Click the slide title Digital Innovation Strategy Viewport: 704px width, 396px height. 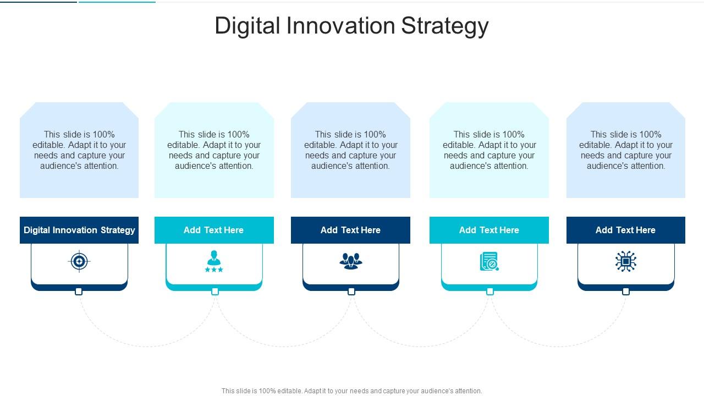click(x=351, y=26)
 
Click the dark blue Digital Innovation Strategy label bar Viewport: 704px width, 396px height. click(x=79, y=230)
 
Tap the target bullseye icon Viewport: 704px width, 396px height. click(x=79, y=261)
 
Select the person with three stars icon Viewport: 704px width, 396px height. click(x=214, y=261)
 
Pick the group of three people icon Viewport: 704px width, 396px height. click(x=350, y=261)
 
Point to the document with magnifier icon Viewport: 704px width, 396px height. click(x=489, y=262)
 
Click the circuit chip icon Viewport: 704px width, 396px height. click(x=625, y=261)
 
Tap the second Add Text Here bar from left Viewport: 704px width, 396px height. click(x=214, y=230)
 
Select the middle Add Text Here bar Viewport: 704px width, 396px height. click(x=350, y=230)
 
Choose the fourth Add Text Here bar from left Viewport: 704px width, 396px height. click(x=489, y=230)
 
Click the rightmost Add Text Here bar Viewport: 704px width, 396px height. click(x=625, y=230)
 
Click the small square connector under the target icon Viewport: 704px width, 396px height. click(x=79, y=291)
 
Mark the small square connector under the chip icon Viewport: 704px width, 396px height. click(x=625, y=291)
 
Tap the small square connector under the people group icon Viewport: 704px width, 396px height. click(x=351, y=291)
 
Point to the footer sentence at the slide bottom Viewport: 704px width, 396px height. click(x=351, y=391)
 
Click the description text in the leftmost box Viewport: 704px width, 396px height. click(x=79, y=150)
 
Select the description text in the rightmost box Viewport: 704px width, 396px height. click(x=625, y=150)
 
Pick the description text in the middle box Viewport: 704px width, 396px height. click(x=350, y=150)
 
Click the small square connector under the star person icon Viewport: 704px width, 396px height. click(x=215, y=291)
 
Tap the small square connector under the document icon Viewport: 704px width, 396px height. click(x=490, y=291)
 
